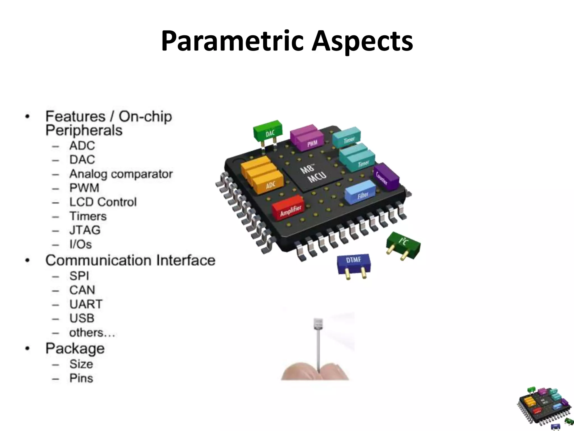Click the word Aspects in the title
[x=362, y=41]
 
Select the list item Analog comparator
[x=121, y=174]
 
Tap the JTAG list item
[x=85, y=230]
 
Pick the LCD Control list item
[x=103, y=202]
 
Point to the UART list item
[x=86, y=304]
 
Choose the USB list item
[x=82, y=318]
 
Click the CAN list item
[x=82, y=290]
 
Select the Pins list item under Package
[x=81, y=378]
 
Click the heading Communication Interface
[x=130, y=260]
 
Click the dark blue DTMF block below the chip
[x=353, y=264]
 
